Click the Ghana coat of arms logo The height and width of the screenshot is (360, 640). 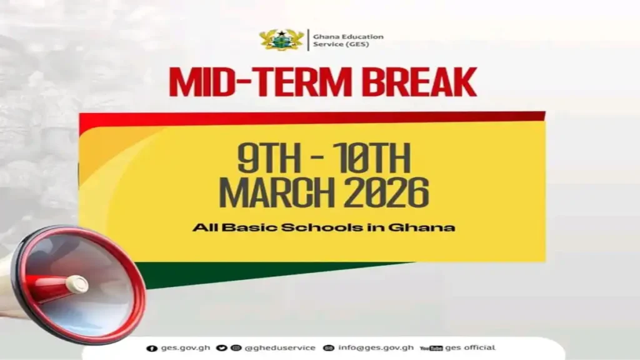[282, 40]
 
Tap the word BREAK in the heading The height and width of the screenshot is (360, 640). [421, 83]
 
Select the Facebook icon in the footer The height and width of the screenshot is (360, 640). [150, 348]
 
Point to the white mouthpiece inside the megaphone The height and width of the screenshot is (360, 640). [77, 285]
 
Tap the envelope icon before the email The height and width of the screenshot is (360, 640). [329, 348]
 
